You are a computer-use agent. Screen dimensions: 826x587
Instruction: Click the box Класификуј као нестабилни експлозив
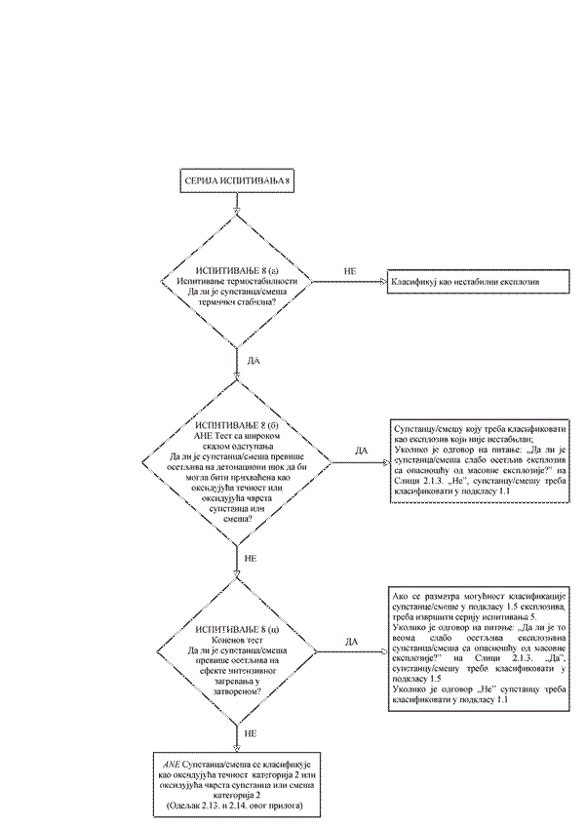click(465, 282)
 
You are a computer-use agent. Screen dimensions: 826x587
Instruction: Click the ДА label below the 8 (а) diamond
click(254, 360)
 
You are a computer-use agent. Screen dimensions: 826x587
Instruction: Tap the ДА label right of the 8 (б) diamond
click(360, 451)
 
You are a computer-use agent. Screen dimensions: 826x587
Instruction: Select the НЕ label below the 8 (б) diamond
click(251, 559)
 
